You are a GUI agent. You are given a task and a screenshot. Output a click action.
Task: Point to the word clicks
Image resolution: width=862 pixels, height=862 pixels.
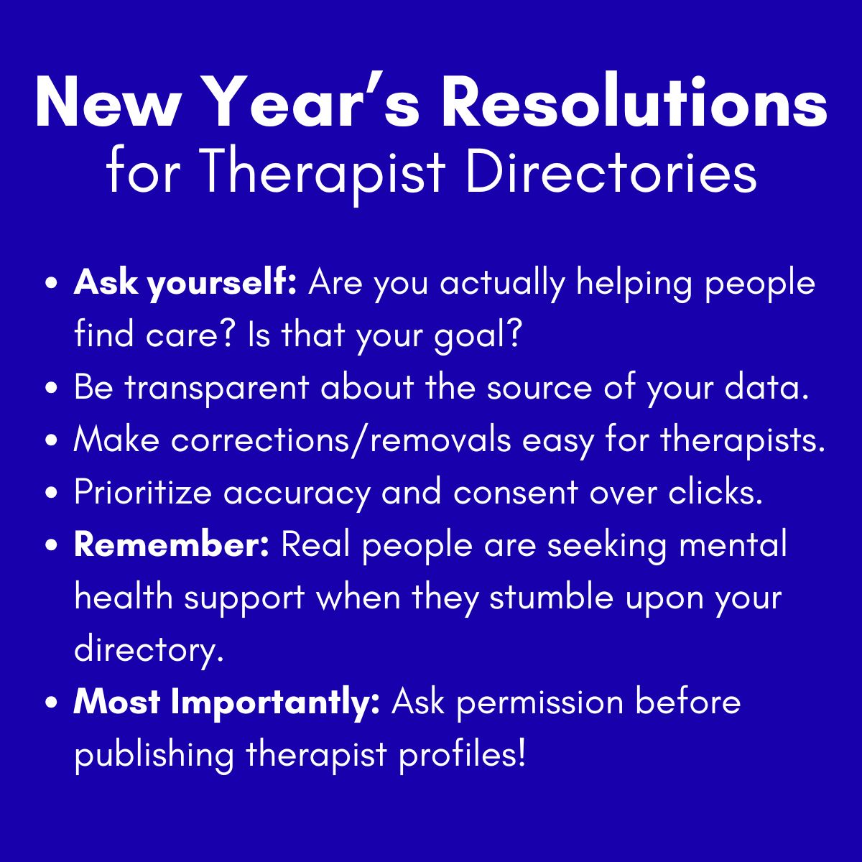[715, 493]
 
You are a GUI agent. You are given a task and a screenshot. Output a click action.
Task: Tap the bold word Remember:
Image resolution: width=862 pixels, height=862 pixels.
[172, 545]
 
